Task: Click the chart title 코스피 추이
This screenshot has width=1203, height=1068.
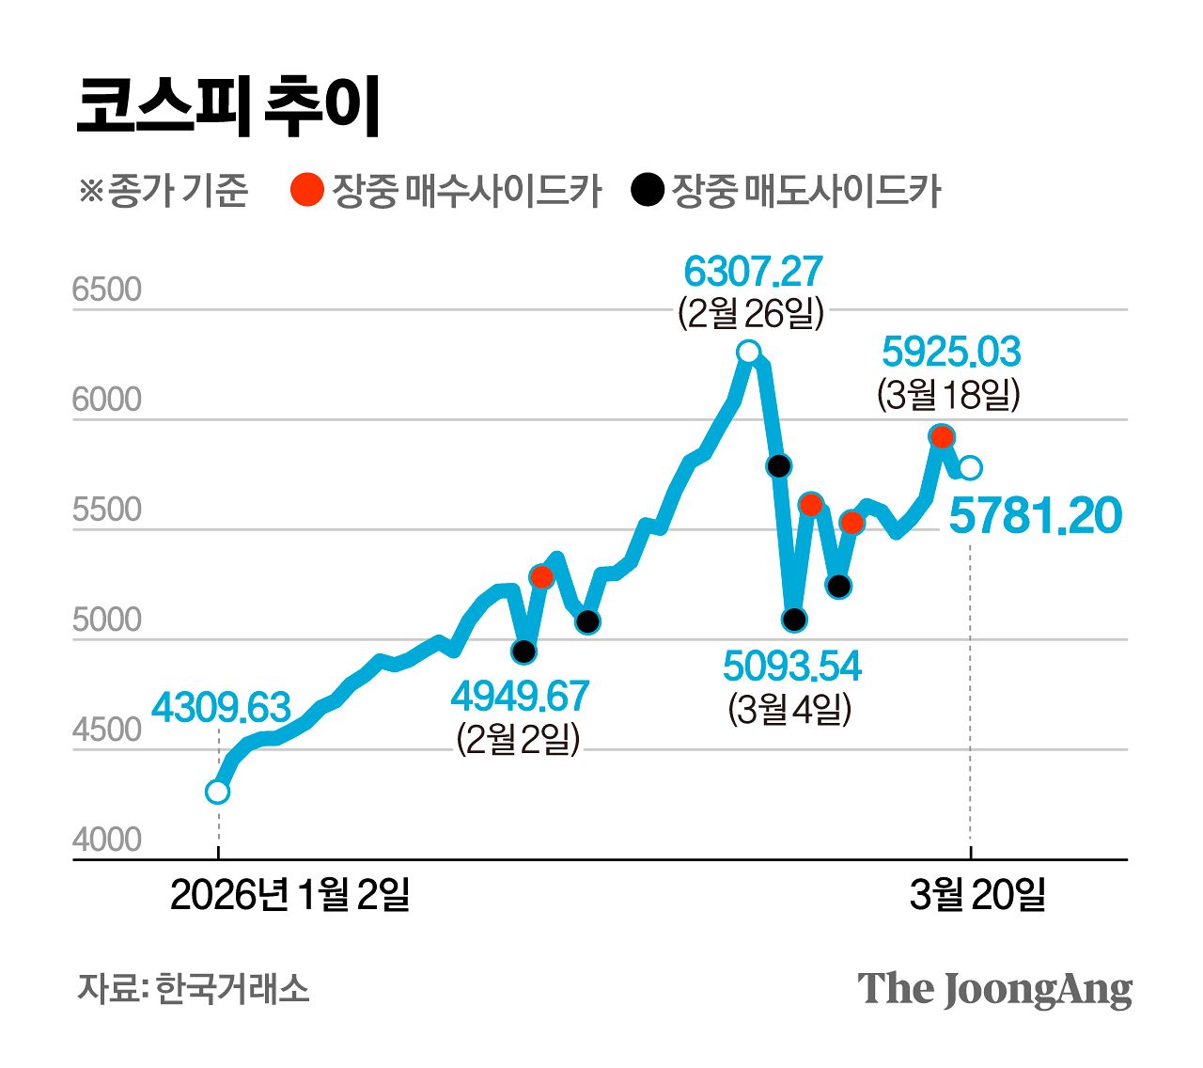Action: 228,106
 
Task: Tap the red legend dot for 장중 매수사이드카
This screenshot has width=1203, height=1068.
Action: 306,190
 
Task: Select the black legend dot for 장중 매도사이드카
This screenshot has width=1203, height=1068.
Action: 647,190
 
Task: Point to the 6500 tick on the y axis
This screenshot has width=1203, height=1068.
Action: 106,290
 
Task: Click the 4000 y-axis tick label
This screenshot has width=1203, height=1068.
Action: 106,840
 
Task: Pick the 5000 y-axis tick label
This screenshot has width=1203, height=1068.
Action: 106,620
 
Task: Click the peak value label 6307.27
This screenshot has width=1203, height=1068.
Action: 752,272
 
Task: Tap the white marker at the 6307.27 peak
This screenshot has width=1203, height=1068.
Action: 748,353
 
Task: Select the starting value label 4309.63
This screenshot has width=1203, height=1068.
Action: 221,707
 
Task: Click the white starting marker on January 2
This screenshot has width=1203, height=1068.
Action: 217,792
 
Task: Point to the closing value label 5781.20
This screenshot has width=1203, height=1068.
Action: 1035,516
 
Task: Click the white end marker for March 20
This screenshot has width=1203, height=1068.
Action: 971,467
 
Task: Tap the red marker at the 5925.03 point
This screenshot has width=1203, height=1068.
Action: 942,436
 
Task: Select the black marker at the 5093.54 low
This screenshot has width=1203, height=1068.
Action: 794,620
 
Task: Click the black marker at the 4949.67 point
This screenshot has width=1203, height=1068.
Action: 524,652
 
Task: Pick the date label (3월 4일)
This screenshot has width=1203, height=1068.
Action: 789,708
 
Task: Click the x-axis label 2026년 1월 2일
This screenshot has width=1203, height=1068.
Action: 289,894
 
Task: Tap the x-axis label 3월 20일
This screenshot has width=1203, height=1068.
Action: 977,894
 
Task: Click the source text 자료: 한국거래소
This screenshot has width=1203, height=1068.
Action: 193,988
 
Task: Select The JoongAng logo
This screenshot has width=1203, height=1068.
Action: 994,990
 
